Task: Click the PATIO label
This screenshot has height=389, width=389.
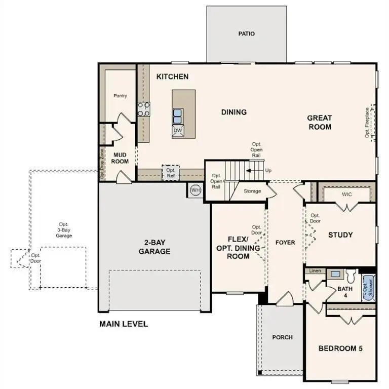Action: [246, 34]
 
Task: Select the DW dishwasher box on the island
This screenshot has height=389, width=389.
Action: [177, 131]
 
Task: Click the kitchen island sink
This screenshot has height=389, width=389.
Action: [178, 116]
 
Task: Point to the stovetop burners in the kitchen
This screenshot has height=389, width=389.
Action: [144, 109]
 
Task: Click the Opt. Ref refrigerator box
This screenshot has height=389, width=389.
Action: [170, 173]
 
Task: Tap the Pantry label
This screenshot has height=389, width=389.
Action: [120, 96]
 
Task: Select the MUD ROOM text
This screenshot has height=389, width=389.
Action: [120, 158]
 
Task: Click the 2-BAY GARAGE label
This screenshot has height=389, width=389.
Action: [154, 247]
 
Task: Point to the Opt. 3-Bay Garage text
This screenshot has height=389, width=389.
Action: [64, 230]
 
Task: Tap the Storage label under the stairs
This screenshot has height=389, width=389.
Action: [252, 191]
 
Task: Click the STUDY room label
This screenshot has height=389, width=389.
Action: [340, 235]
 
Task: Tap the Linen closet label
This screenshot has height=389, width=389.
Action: [315, 271]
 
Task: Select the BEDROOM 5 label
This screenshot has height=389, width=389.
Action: [340, 348]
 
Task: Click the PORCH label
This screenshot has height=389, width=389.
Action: [282, 337]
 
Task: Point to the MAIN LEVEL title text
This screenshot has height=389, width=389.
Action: [123, 324]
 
